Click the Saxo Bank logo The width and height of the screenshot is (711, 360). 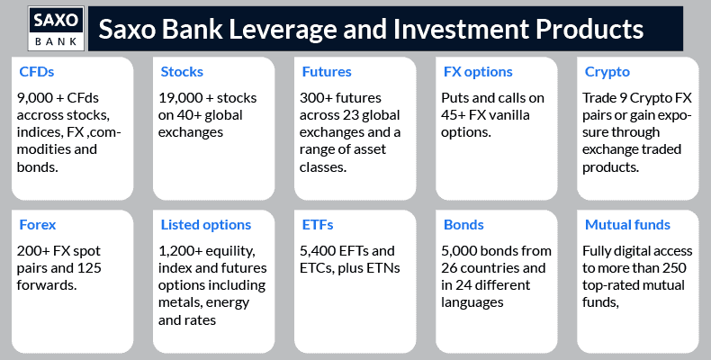pyautogui.click(x=56, y=28)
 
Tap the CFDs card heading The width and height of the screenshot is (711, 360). pyautogui.click(x=37, y=72)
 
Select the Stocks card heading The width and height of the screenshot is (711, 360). pyautogui.click(x=182, y=72)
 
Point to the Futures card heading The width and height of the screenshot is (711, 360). pyautogui.click(x=327, y=72)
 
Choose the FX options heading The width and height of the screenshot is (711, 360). pyautogui.click(x=478, y=72)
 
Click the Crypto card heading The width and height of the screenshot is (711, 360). pyautogui.click(x=607, y=72)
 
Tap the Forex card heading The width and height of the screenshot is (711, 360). pyautogui.click(x=38, y=224)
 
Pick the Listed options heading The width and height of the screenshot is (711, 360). pyautogui.click(x=206, y=225)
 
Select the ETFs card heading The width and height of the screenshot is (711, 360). pyautogui.click(x=318, y=224)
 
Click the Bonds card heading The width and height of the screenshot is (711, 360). pyautogui.click(x=463, y=224)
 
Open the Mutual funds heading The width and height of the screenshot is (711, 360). pyautogui.click(x=627, y=224)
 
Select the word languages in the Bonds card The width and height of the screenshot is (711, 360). pyautogui.click(x=472, y=302)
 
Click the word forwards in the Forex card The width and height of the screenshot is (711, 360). pyautogui.click(x=47, y=285)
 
